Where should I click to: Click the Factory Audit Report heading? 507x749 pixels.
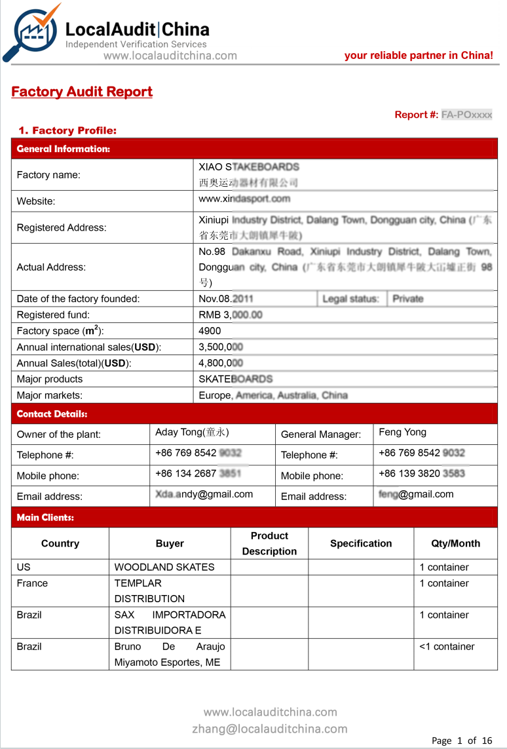tap(82, 92)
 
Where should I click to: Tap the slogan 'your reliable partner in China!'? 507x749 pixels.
tap(419, 56)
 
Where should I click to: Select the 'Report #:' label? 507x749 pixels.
tap(416, 115)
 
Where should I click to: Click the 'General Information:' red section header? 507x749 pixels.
tap(64, 149)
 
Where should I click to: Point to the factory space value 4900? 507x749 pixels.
tap(210, 331)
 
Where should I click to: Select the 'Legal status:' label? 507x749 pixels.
tap(350, 299)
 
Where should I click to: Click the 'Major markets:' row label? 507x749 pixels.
tap(50, 395)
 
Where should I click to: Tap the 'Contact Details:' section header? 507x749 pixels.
tap(52, 414)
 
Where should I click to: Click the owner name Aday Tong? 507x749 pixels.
tap(192, 432)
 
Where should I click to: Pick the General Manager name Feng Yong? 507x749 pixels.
tap(402, 432)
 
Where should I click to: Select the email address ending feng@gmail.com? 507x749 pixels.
tap(416, 495)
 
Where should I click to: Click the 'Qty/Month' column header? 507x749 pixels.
tap(455, 543)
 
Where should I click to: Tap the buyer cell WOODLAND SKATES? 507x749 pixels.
tap(164, 567)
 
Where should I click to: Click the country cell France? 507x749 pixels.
tap(33, 583)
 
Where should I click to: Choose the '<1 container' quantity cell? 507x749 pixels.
tap(447, 647)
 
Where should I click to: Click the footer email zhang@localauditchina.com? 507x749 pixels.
tap(270, 729)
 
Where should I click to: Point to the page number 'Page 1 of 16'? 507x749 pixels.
tap(462, 741)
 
